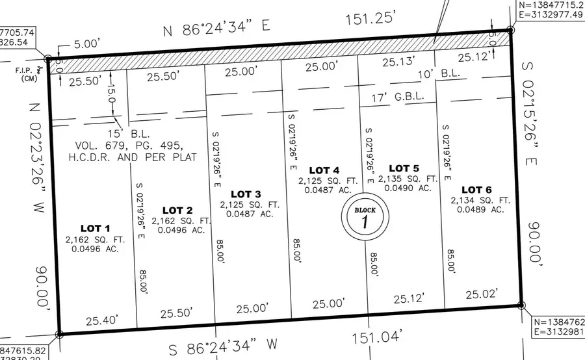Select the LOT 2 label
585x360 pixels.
(177, 211)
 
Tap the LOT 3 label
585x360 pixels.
(246, 194)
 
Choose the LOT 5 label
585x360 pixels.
(404, 168)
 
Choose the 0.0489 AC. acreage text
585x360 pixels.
(480, 209)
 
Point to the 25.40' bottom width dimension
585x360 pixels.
(100, 321)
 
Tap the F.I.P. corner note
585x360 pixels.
(25, 66)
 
